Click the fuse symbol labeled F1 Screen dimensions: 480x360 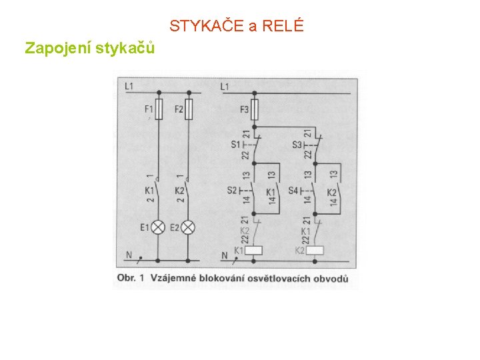159,109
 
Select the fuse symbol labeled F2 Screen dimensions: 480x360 189,109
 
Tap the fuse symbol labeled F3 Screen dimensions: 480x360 254,109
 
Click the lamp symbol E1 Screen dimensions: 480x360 159,227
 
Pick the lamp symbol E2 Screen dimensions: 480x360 189,227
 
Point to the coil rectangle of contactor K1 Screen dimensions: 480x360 254,251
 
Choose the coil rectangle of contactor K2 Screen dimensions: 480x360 315,251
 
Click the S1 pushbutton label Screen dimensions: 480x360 235,144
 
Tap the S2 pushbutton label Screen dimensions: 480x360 231,191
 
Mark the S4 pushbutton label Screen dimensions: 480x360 293,191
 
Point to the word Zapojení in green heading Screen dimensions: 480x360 57,48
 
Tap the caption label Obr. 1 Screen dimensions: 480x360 130,278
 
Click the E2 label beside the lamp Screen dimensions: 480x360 175,227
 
